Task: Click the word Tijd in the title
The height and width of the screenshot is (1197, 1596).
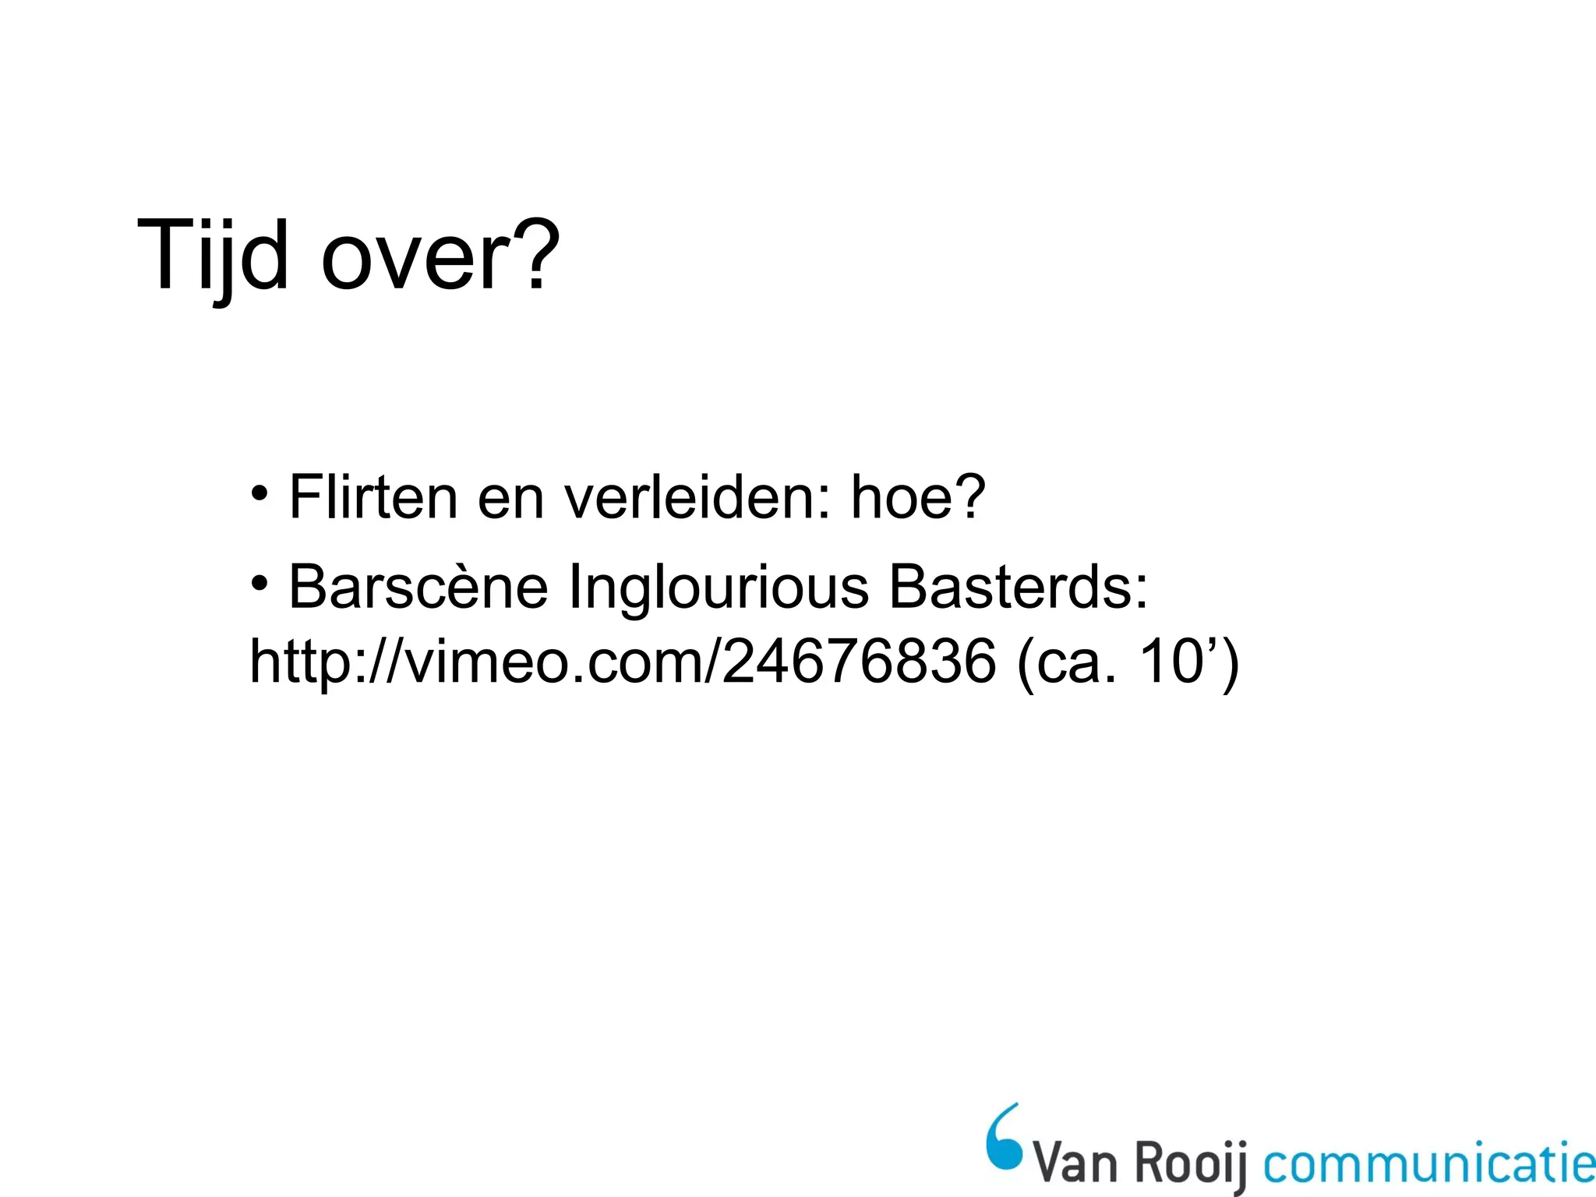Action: pyautogui.click(x=213, y=256)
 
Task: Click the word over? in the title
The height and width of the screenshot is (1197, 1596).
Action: pyautogui.click(x=440, y=256)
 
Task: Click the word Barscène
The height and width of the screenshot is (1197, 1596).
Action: pyautogui.click(x=418, y=587)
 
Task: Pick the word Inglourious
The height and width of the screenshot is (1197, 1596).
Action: pyautogui.click(x=719, y=587)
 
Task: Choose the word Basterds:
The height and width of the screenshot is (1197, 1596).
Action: pyautogui.click(x=1019, y=587)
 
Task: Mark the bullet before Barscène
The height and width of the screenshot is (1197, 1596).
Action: pyautogui.click(x=260, y=583)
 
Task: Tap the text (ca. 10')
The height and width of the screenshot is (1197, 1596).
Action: pyautogui.click(x=1128, y=662)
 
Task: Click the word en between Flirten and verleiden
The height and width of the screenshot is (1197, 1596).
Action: pyautogui.click(x=510, y=499)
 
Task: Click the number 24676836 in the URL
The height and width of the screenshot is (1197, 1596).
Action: pyautogui.click(x=859, y=662)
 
